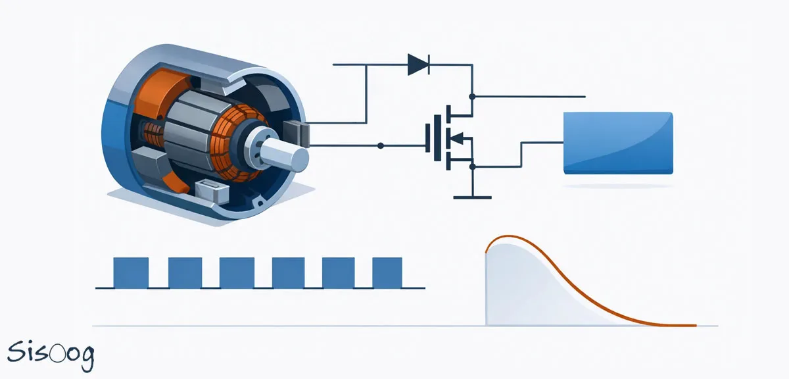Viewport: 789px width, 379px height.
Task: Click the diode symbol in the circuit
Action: (418, 64)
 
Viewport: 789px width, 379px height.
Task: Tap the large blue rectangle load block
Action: (619, 143)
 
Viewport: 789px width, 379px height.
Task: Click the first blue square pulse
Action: (131, 272)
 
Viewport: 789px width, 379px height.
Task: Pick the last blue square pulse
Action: (387, 272)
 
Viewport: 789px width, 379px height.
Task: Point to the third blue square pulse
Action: (237, 272)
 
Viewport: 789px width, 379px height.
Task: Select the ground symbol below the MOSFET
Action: (472, 195)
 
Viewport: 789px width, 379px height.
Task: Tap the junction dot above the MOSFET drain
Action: (472, 96)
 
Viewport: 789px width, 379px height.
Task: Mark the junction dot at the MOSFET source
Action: (472, 166)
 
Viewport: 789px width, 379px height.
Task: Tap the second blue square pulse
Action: (185, 272)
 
